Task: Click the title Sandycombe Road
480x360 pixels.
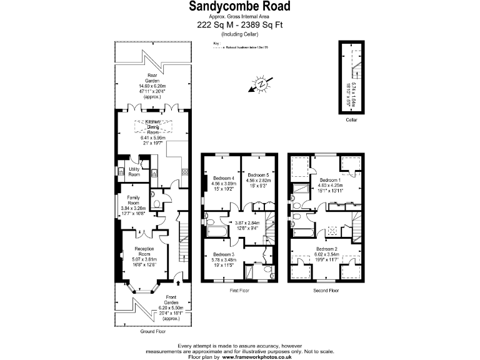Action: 240,6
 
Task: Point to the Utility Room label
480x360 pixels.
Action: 134,172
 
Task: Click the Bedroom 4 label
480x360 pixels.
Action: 223,175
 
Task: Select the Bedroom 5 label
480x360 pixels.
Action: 258,175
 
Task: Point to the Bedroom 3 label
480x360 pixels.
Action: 223,254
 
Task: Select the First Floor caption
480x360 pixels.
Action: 240,291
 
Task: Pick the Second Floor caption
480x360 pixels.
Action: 326,291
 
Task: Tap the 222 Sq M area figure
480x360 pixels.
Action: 212,25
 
